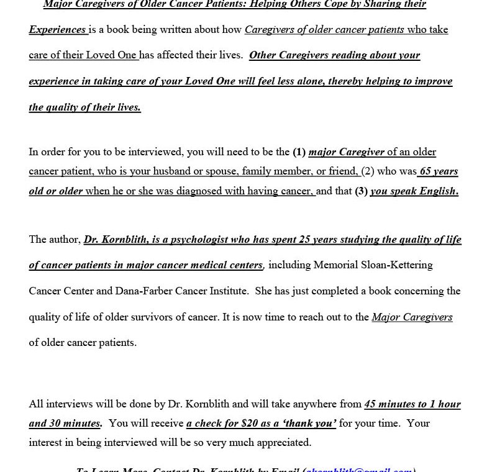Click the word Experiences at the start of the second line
click(57, 30)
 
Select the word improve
click(430, 81)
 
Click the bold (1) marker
click(299, 152)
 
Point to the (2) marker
click(368, 171)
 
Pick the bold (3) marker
click(361, 191)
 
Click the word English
click(437, 191)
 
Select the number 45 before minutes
click(371, 404)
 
